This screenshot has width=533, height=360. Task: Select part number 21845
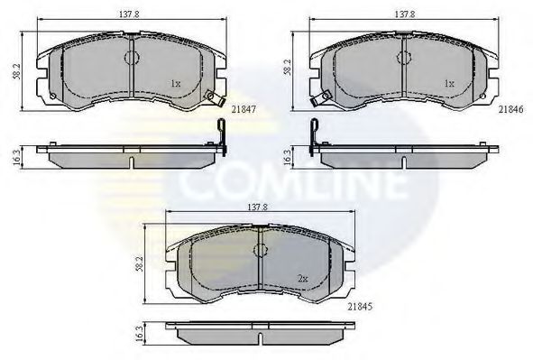click(362, 306)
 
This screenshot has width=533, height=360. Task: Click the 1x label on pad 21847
click(175, 84)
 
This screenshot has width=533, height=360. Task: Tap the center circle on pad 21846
click(403, 58)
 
